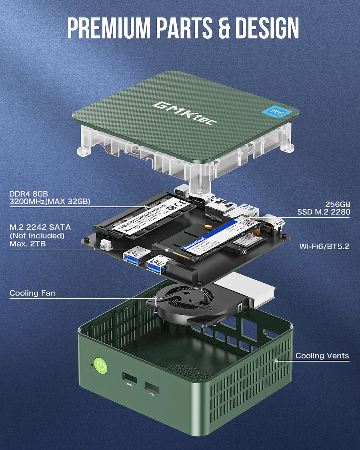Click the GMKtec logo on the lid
185,113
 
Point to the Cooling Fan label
32,293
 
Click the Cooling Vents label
322,356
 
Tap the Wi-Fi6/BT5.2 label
324,246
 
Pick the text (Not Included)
37,236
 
